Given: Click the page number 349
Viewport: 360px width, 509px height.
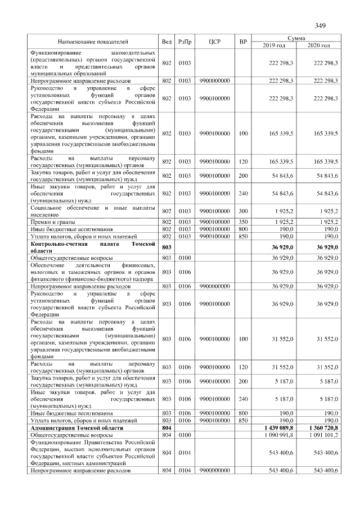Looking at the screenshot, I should click(321, 25).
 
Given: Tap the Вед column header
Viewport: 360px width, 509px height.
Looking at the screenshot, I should click(166, 42).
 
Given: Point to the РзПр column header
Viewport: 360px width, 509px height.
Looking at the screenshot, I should click(184, 42).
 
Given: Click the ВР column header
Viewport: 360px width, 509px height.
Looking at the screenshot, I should click(243, 42).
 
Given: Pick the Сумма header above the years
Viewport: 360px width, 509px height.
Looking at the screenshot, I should click(296, 38).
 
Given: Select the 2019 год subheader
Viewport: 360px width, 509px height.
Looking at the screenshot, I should click(274, 45).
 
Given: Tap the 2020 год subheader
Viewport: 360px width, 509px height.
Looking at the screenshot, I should click(318, 45).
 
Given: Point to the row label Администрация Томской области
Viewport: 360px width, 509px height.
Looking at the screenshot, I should click(76, 428).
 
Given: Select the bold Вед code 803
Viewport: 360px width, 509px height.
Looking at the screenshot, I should click(166, 247).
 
